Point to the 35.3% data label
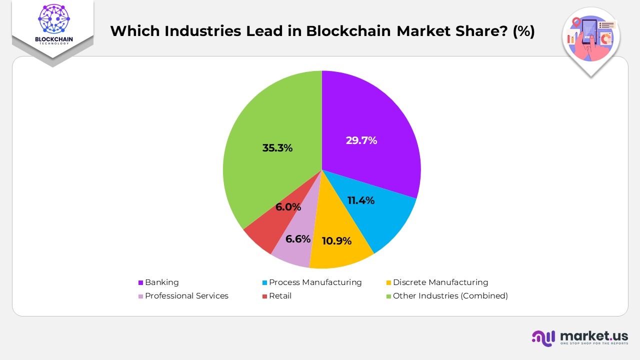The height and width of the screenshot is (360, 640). pyautogui.click(x=277, y=148)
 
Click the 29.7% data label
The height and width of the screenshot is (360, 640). pyautogui.click(x=361, y=140)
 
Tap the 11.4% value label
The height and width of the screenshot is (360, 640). pyautogui.click(x=360, y=200)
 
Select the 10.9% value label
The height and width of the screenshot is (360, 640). pyautogui.click(x=336, y=240)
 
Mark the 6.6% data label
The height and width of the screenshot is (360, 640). pyautogui.click(x=298, y=239)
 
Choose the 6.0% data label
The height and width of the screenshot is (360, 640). pyautogui.click(x=288, y=207)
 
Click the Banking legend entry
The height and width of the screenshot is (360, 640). pyautogui.click(x=161, y=282)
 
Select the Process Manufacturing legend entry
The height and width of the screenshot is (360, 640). pyautogui.click(x=315, y=282)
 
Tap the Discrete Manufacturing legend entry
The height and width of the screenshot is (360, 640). pyautogui.click(x=440, y=282)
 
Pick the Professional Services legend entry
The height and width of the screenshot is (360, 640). pyautogui.click(x=186, y=296)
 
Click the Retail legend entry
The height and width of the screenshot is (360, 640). pyautogui.click(x=280, y=296)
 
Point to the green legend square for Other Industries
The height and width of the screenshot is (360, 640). pyautogui.click(x=389, y=296)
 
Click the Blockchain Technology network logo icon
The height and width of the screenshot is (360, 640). pyautogui.click(x=52, y=19)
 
